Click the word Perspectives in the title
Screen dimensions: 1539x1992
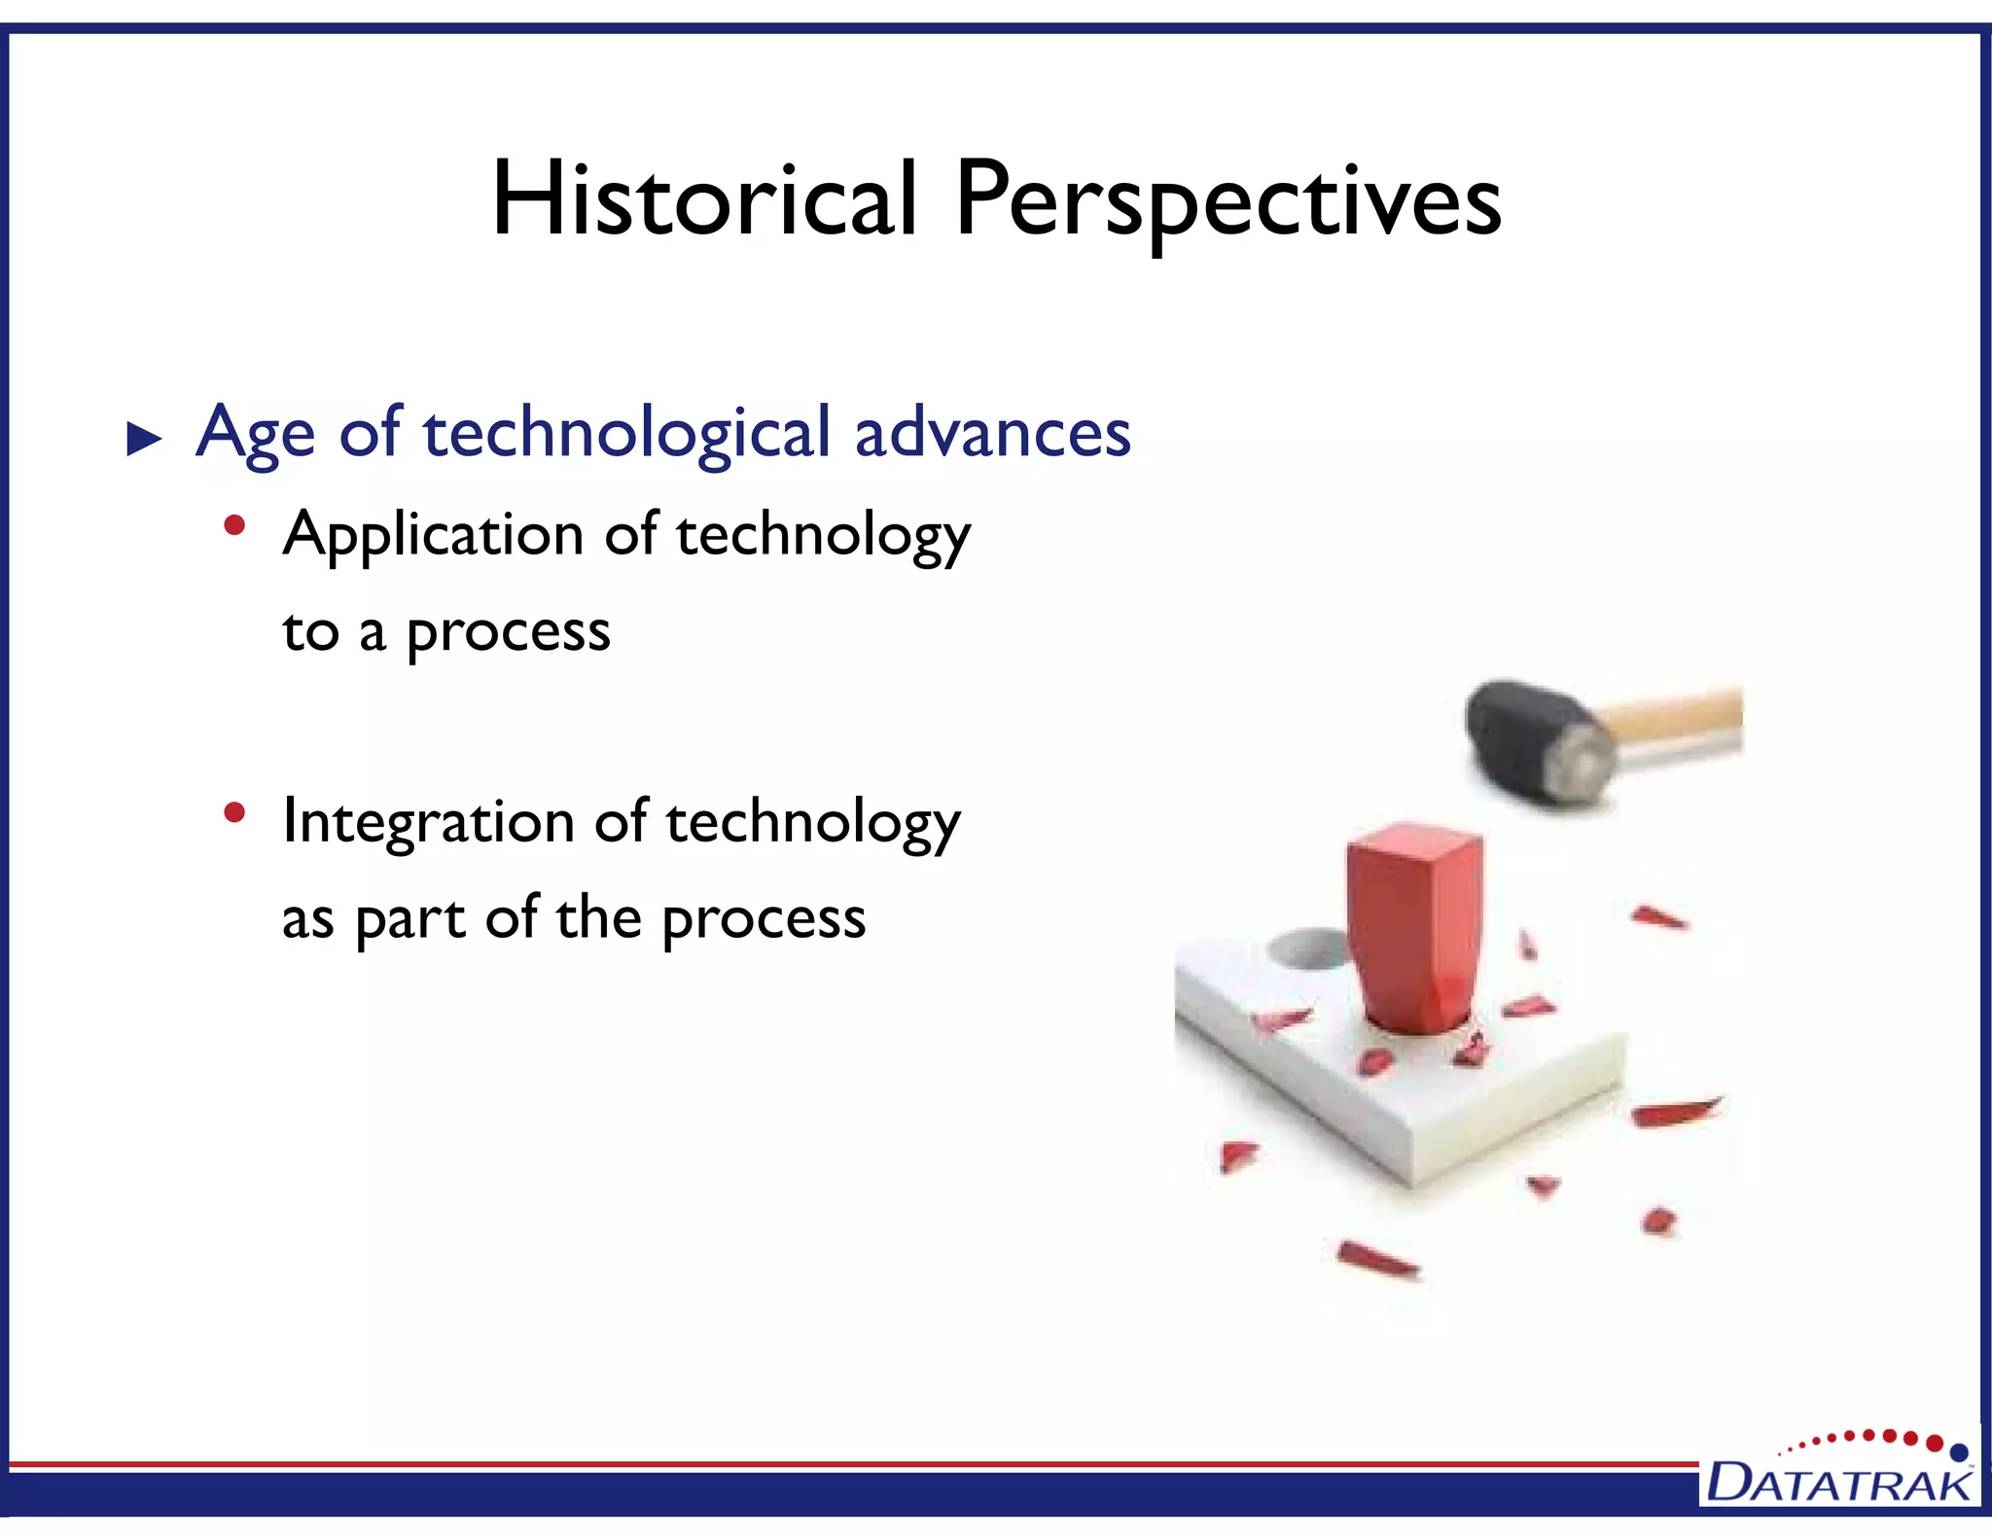pyautogui.click(x=1227, y=201)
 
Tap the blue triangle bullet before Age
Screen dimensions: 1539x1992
pyautogui.click(x=144, y=440)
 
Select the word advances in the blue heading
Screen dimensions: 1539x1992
pyautogui.click(x=992, y=433)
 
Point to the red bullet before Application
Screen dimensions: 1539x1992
pyautogui.click(x=233, y=526)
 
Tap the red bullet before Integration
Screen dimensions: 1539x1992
pyautogui.click(x=233, y=812)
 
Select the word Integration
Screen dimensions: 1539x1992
pyautogui.click(x=428, y=823)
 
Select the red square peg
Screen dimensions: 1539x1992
pyautogui.click(x=1412, y=924)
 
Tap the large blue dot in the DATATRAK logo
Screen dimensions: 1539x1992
pyautogui.click(x=1960, y=1453)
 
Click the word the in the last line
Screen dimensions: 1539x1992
pyautogui.click(x=598, y=918)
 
